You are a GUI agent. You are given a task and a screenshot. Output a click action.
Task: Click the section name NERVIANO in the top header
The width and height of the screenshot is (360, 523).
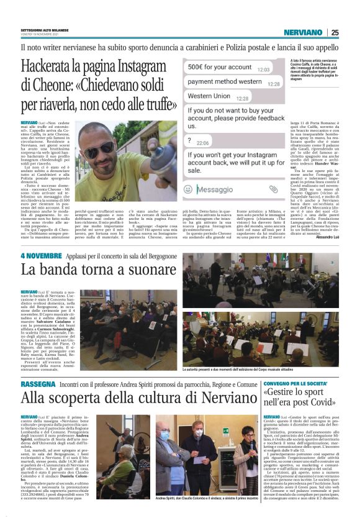click(x=302, y=32)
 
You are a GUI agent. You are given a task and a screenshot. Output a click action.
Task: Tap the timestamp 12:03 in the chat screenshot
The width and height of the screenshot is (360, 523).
click(x=263, y=70)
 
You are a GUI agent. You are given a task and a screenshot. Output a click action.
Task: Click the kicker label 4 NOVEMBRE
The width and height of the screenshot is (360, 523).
click(x=41, y=256)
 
